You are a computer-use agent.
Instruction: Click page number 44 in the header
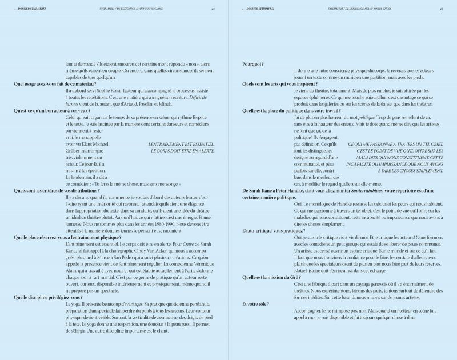[x=212, y=9]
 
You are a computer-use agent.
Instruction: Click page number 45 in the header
[x=442, y=9]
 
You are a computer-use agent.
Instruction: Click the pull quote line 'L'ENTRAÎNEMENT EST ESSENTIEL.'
[x=181, y=144]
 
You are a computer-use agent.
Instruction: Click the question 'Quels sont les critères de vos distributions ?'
[x=56, y=190]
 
